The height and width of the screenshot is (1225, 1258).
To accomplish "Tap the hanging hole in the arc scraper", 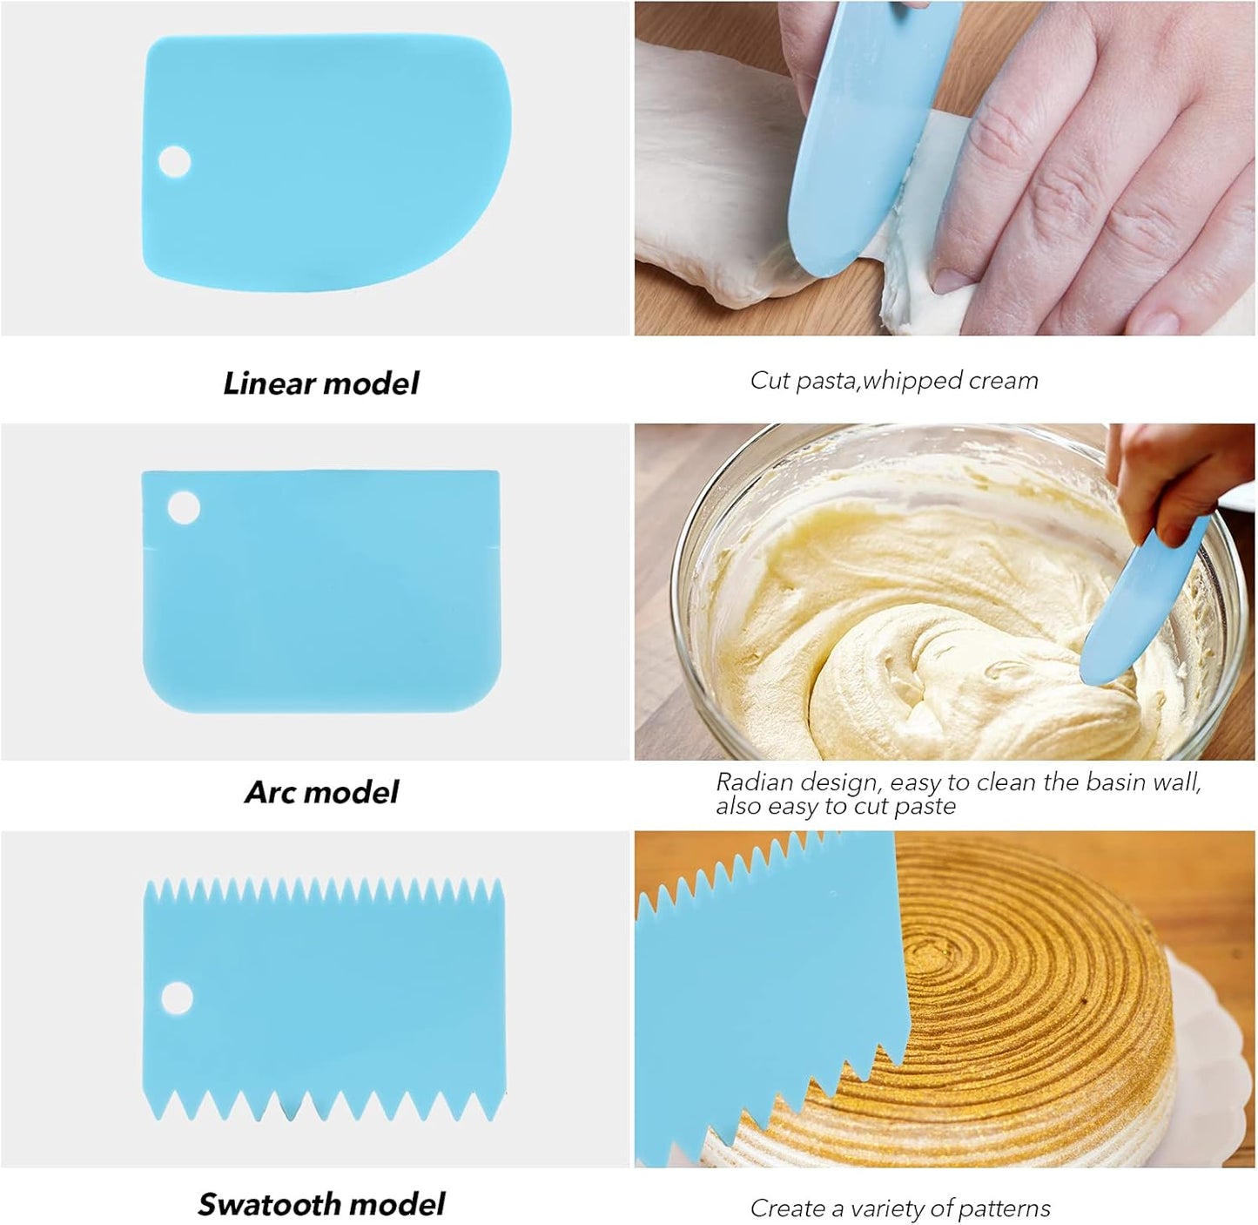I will pyautogui.click(x=183, y=507).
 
